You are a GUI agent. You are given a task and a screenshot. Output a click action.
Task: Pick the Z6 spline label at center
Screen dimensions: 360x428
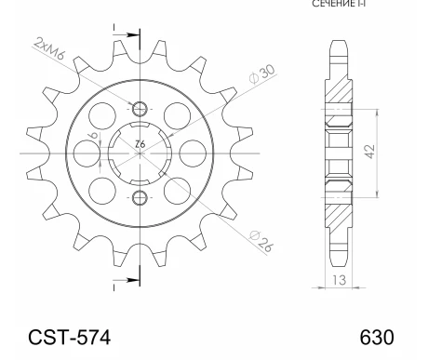coord(140,143)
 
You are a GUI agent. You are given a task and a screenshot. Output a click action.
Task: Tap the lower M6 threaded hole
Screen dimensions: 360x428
coord(140,196)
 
